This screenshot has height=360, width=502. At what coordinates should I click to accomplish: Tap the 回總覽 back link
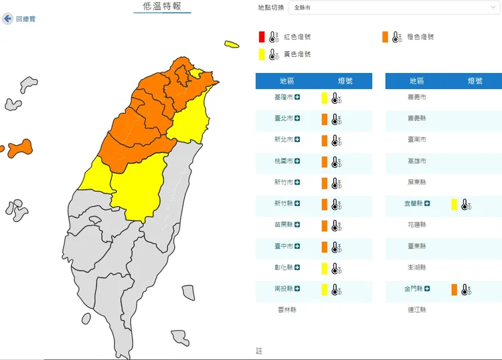(25, 19)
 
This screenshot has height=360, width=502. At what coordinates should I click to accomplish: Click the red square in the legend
(262, 37)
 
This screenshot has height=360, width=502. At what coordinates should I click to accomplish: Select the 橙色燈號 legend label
(420, 37)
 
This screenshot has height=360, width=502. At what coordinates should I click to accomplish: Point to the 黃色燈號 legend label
(297, 54)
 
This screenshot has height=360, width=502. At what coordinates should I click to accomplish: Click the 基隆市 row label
(283, 98)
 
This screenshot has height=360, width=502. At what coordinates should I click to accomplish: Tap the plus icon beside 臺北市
(297, 118)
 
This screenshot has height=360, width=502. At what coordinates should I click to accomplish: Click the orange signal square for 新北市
(325, 141)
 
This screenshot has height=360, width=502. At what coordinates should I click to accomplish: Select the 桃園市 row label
(283, 161)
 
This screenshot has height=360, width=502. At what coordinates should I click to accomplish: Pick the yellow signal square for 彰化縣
(325, 268)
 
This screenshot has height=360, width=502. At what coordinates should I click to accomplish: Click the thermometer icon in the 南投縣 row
(336, 290)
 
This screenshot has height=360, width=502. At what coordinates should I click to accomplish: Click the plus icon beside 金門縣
(427, 289)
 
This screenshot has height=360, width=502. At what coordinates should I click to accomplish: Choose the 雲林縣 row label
(286, 310)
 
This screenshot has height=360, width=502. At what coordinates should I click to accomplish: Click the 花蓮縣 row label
(416, 225)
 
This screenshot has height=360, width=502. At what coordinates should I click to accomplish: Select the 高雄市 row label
(416, 161)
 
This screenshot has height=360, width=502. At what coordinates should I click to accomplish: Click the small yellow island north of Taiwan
(232, 45)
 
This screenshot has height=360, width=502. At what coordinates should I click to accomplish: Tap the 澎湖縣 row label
(416, 268)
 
